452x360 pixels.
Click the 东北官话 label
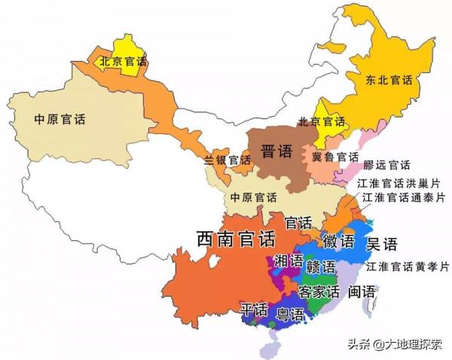tap(391, 80)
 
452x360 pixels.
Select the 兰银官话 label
tap(227, 160)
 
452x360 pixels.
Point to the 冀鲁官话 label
tap(335, 157)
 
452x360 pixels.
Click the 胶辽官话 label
tap(386, 165)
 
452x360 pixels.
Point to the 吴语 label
tap(381, 243)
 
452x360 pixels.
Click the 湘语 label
tap(289, 261)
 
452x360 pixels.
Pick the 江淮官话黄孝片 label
tap(407, 267)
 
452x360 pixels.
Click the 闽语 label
tap(362, 291)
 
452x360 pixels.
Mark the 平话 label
tap(254, 310)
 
